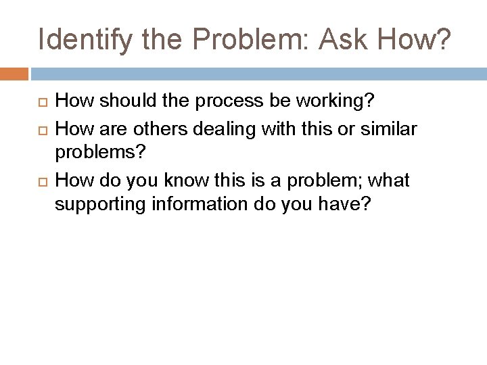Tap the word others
click(x=146, y=128)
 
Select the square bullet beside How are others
click(x=39, y=129)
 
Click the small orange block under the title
click(x=14, y=73)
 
